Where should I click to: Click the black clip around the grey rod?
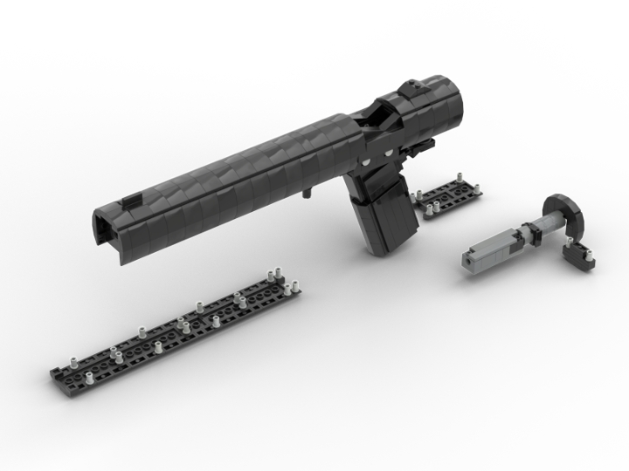(x=529, y=232)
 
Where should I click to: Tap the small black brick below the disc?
(x=579, y=256)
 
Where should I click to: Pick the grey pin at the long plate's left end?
(x=73, y=359)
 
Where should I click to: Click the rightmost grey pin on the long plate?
(x=294, y=284)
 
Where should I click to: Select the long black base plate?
(x=175, y=331)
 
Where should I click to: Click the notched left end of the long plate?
(x=61, y=376)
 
